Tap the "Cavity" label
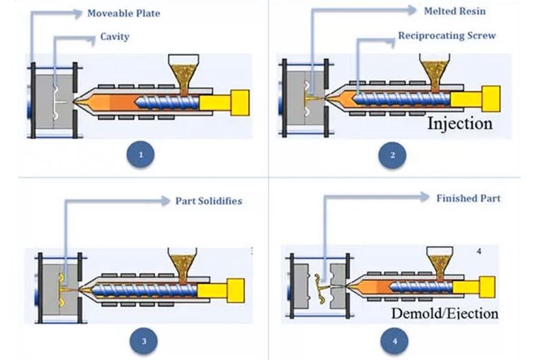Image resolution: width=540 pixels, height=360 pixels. click(x=114, y=37)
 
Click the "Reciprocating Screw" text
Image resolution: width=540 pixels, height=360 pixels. click(x=447, y=35)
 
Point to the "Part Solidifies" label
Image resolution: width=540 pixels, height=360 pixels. click(x=208, y=200)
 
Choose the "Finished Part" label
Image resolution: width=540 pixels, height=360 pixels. click(x=468, y=198)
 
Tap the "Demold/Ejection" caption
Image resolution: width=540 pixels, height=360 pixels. click(x=445, y=313)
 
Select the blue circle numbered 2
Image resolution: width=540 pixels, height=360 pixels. click(x=392, y=155)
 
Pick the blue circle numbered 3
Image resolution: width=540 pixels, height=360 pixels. click(x=143, y=341)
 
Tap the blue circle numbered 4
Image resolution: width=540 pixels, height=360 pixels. click(x=394, y=341)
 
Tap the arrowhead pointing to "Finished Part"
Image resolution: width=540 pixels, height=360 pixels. click(x=424, y=197)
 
